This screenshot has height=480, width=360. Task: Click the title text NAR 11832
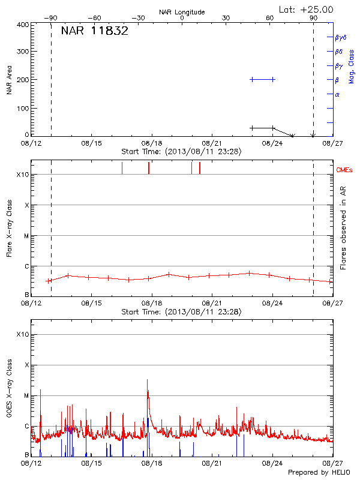[94, 31]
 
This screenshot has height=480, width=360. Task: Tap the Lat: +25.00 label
[307, 10]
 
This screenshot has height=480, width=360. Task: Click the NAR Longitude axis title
[182, 12]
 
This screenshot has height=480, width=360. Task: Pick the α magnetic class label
[337, 94]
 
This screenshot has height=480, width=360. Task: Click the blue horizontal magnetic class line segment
[262, 79]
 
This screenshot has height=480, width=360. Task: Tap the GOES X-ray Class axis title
[9, 394]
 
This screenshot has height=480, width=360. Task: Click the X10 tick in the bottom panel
[22, 334]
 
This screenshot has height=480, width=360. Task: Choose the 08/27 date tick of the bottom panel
[333, 463]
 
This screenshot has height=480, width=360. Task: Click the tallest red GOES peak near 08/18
[147, 380]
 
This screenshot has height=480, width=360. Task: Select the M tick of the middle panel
[26, 236]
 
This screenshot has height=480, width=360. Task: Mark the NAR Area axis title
[9, 79]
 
